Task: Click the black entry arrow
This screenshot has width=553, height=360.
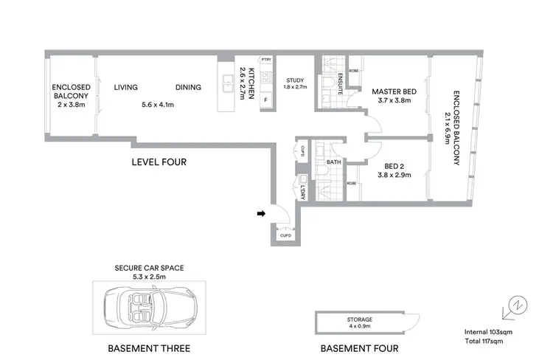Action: (260, 215)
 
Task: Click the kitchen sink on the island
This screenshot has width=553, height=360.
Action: (229, 86)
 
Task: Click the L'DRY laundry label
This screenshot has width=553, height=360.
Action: (303, 191)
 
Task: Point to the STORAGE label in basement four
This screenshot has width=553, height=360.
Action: (360, 319)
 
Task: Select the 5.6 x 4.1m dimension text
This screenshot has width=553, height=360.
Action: (158, 105)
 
